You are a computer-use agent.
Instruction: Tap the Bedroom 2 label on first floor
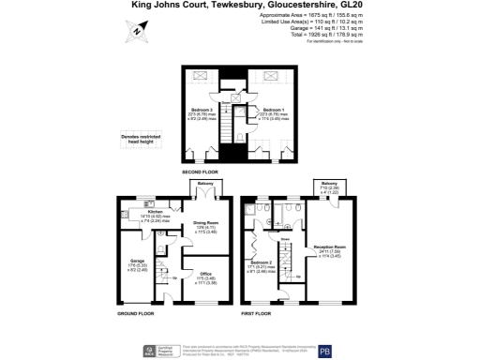(266, 263)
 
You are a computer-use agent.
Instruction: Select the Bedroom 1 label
(272, 111)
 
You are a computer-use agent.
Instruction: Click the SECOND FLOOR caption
(202, 173)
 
